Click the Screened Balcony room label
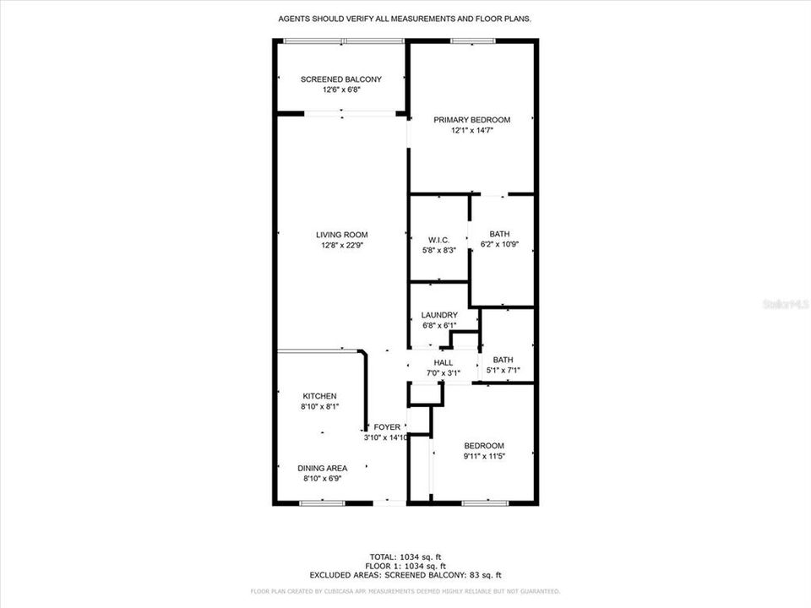coord(340,79)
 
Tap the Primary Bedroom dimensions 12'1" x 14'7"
coord(471,131)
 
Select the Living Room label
coord(341,235)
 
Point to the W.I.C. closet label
coord(438,240)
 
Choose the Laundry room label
coord(439,315)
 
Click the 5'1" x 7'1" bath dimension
coord(503,370)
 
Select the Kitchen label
coord(320,396)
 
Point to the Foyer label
coord(387,427)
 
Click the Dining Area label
coord(325,468)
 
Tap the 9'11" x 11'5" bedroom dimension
coord(483,457)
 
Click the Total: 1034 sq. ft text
coord(405,556)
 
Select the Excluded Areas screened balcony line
coord(405,574)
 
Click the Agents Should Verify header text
coord(405,18)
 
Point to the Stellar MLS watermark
coord(785,302)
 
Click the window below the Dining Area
coord(322,503)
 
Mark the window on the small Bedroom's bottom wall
coord(484,503)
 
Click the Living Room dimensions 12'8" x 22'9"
coord(341,246)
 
